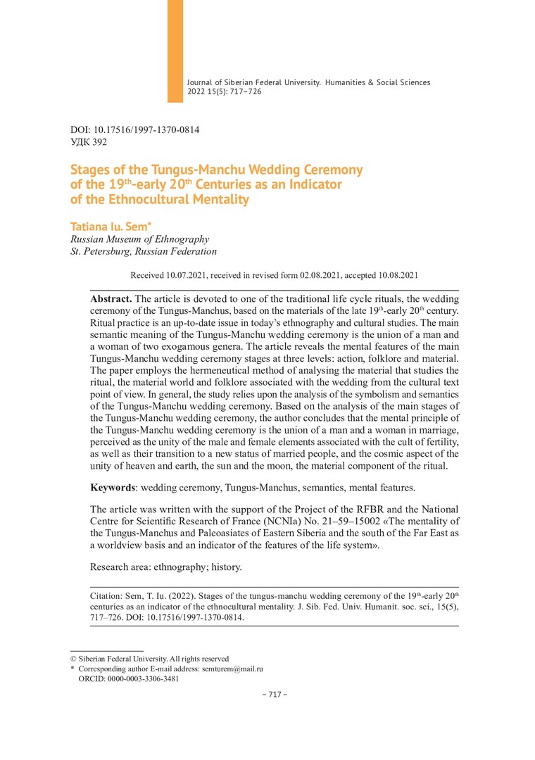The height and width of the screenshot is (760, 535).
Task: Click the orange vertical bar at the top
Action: pos(175,51)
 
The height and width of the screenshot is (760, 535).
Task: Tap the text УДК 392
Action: pos(89,142)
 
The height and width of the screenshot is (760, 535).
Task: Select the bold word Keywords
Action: pos(115,487)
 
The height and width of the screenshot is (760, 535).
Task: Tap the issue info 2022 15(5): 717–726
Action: pos(224,91)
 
